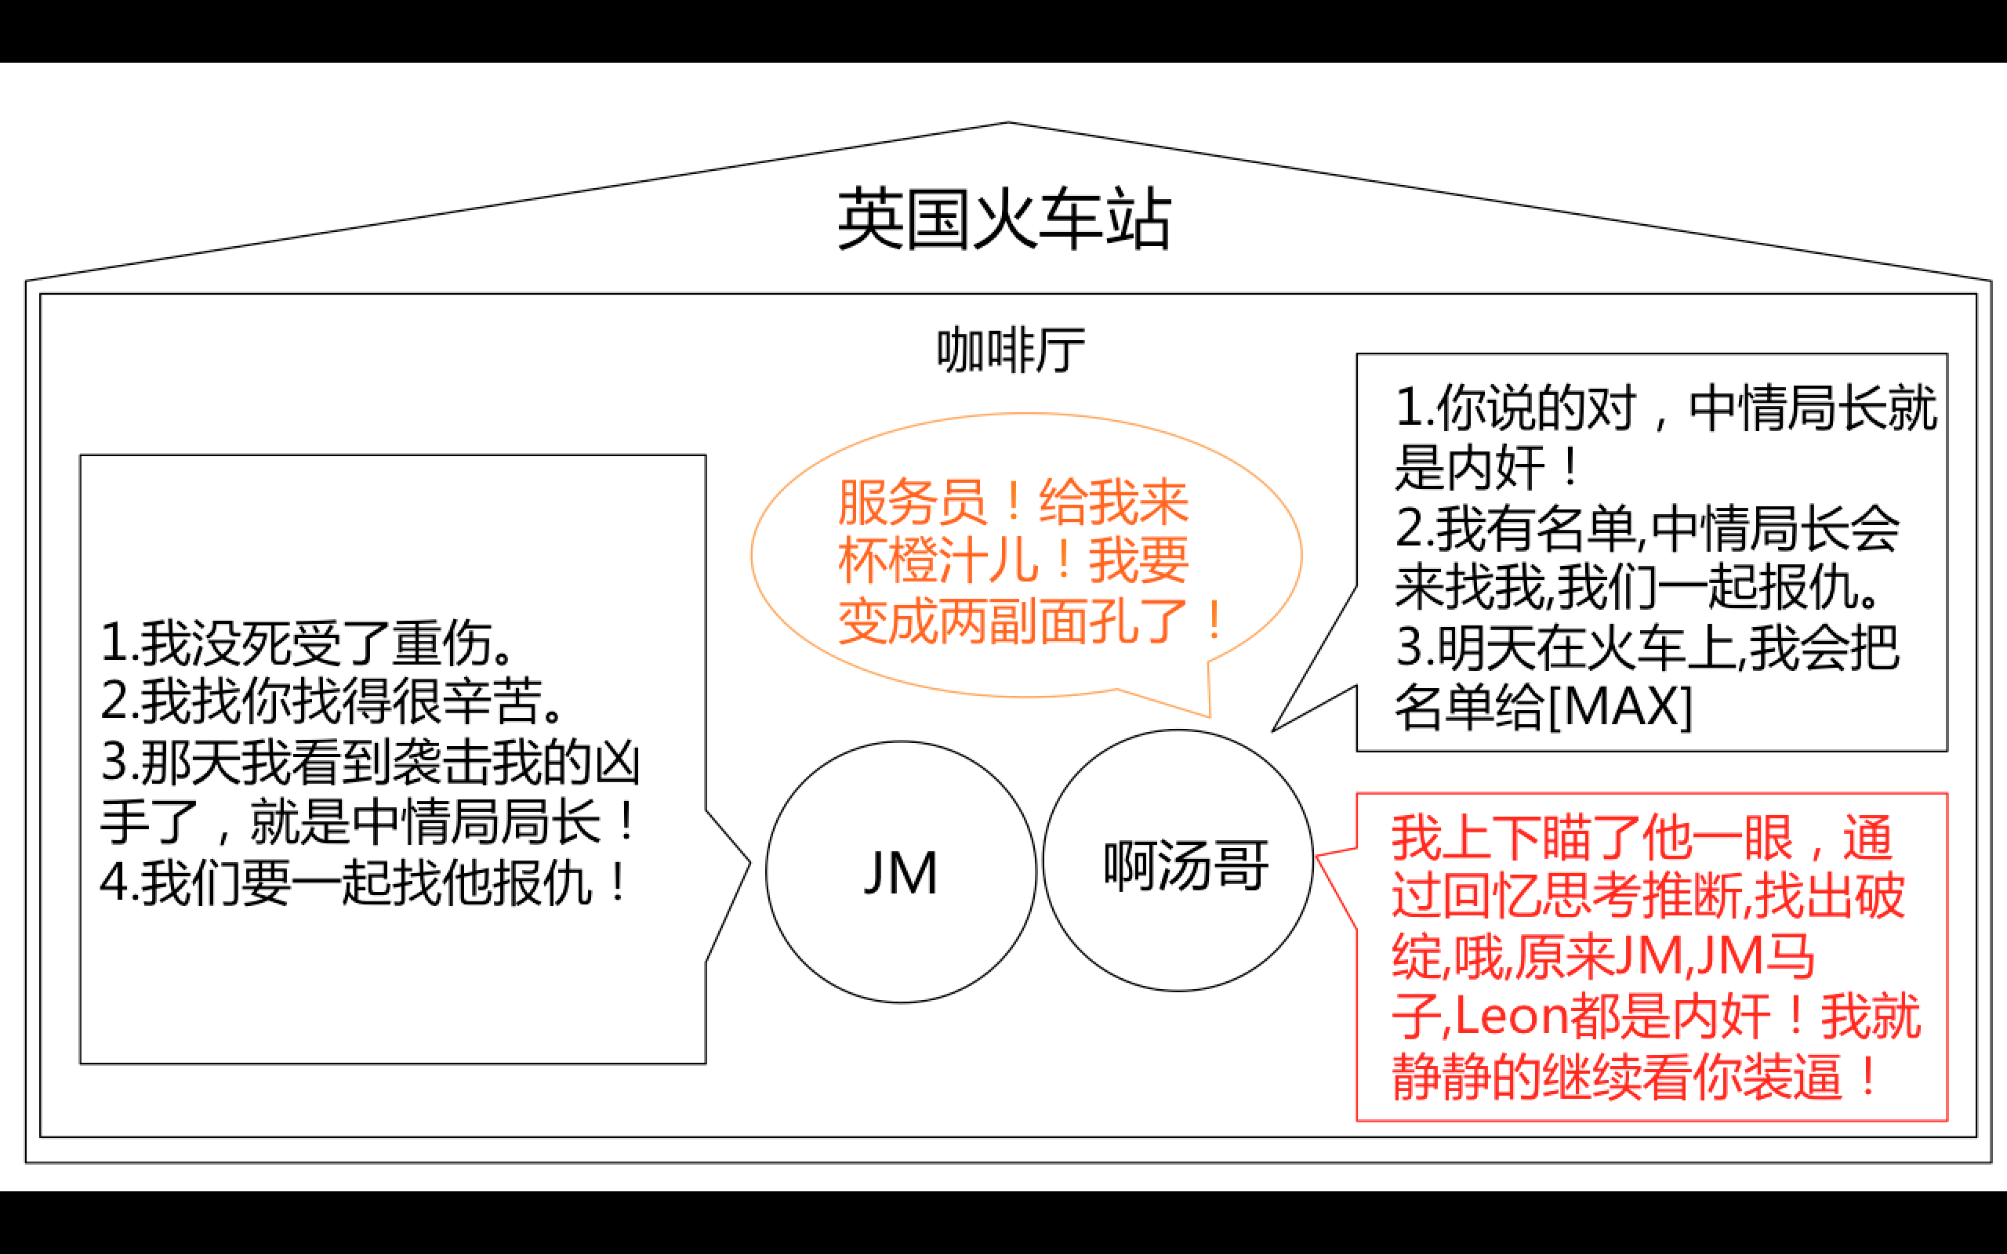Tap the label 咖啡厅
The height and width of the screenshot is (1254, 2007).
(x=1010, y=350)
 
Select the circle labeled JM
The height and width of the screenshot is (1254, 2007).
(x=901, y=872)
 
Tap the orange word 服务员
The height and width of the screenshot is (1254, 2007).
(x=912, y=502)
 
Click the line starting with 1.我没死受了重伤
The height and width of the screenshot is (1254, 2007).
(x=307, y=643)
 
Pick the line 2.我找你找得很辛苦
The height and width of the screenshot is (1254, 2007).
(x=332, y=701)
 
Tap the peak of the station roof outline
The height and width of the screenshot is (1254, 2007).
(x=1008, y=124)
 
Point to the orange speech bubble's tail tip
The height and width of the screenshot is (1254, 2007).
(x=1209, y=715)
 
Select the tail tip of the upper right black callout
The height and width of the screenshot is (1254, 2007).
(x=1274, y=730)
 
